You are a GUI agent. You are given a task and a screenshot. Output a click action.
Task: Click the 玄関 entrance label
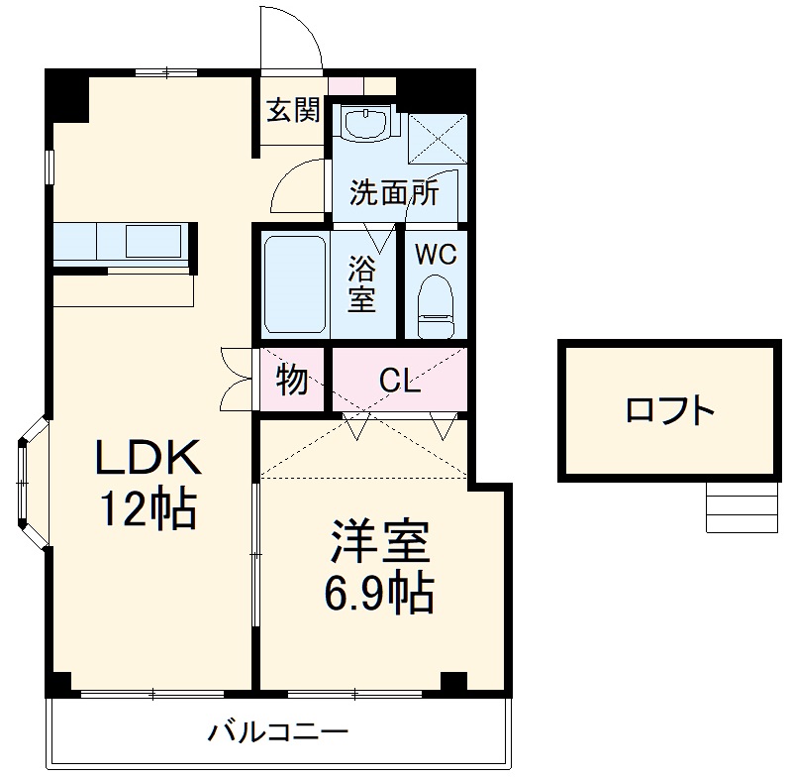[293, 110]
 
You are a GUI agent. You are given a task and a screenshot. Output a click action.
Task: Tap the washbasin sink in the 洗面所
[367, 125]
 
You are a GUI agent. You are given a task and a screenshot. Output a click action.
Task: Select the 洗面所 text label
[393, 193]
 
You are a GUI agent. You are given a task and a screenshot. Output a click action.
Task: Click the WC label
[435, 254]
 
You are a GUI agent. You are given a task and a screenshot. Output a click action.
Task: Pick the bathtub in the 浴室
[295, 283]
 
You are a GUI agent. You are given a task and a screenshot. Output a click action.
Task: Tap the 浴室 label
[361, 284]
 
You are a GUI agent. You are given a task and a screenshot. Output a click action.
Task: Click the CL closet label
[399, 381]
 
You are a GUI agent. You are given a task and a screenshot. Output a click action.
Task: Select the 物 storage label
[291, 380]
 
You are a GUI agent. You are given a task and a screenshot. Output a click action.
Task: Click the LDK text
[148, 458]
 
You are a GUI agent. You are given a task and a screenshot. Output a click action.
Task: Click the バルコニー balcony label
[278, 733]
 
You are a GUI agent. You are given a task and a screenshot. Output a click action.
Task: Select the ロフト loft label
[669, 409]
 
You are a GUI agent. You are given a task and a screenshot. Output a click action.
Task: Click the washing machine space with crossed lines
[437, 137]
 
